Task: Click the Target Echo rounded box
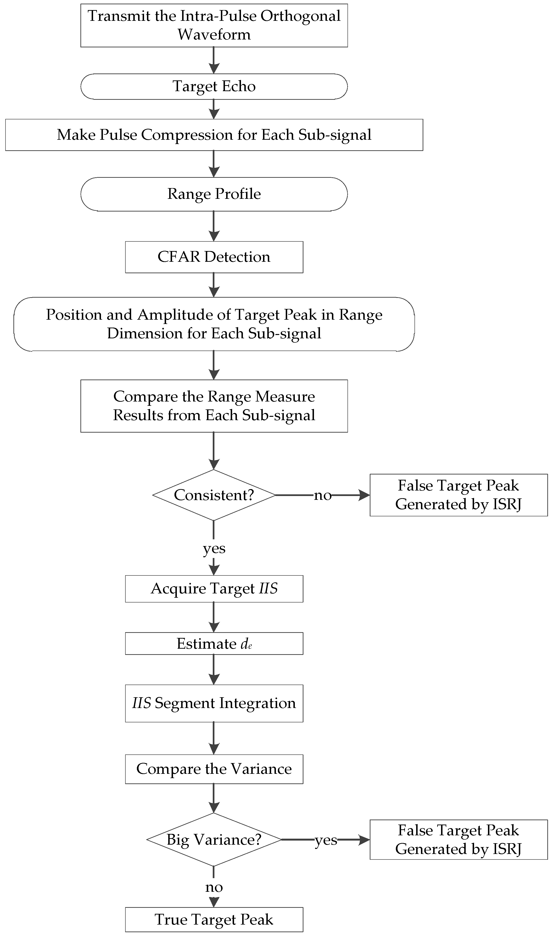click(x=214, y=87)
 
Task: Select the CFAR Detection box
click(x=214, y=257)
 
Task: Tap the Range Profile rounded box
click(x=214, y=194)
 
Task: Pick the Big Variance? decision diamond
click(x=214, y=840)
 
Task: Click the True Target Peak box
click(x=214, y=920)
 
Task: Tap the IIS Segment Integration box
click(x=214, y=703)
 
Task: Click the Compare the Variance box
click(x=214, y=769)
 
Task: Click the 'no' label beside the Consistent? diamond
click(x=323, y=495)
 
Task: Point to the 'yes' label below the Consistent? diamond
click(x=214, y=549)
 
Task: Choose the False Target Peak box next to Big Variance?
click(x=459, y=840)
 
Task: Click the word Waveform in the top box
click(x=214, y=35)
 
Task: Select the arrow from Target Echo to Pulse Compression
click(x=214, y=109)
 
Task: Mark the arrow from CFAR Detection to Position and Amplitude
click(x=214, y=285)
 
